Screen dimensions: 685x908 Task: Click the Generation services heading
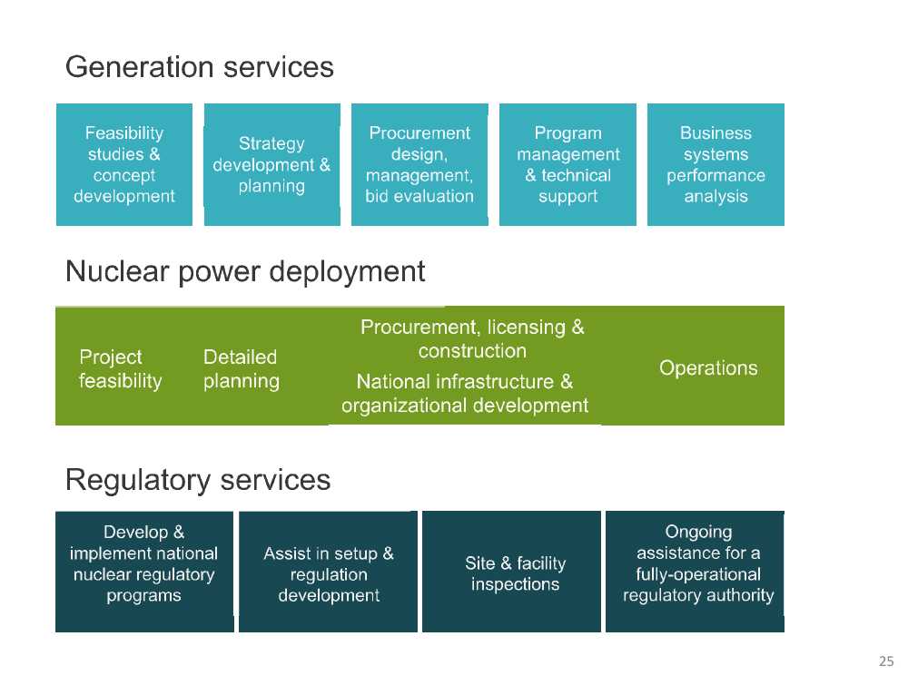tap(200, 67)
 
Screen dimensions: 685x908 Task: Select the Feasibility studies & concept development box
tap(124, 164)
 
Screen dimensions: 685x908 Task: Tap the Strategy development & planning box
tap(271, 164)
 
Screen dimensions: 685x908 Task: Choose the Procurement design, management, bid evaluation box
tap(419, 164)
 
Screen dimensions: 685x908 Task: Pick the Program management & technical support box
tap(567, 164)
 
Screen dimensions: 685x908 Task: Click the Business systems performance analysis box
tap(716, 164)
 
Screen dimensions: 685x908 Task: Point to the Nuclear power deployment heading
tap(245, 271)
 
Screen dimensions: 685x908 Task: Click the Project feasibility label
tap(120, 368)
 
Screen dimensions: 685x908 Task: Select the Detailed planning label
tap(241, 368)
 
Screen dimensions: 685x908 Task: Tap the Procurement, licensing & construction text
tap(472, 338)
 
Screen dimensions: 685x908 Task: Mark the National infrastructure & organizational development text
tap(465, 393)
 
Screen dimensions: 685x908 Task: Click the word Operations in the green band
tap(708, 367)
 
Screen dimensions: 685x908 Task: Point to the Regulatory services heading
tap(198, 479)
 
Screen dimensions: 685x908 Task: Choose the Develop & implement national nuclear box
tap(144, 563)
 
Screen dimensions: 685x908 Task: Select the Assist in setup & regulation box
tap(329, 573)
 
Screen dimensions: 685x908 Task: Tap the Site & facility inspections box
tap(515, 573)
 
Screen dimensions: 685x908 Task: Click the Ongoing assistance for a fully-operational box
tap(698, 563)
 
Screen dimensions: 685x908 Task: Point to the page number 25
tap(886, 660)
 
